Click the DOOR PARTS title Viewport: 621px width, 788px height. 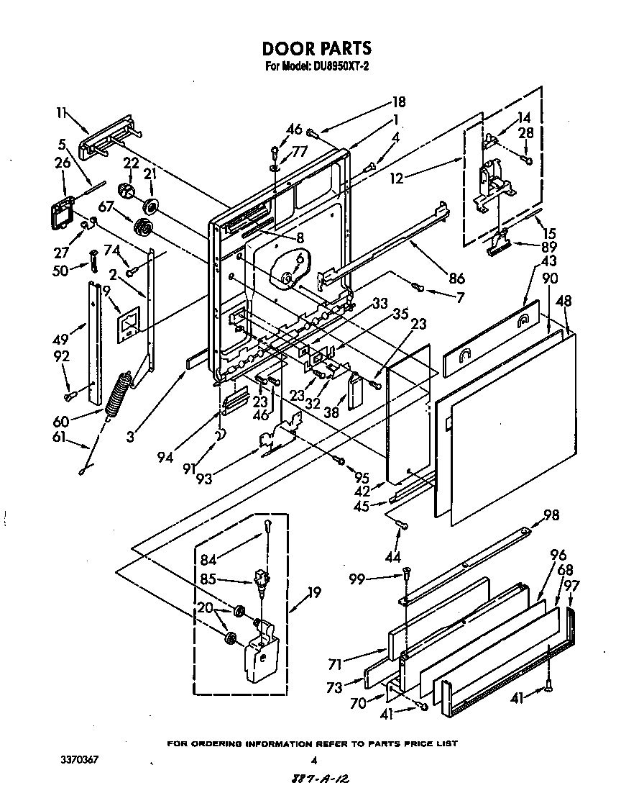coord(316,48)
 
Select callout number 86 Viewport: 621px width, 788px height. coord(456,279)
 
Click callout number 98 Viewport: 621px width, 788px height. coord(551,515)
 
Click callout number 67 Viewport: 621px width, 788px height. coord(107,207)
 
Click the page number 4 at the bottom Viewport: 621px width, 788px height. coord(313,760)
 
